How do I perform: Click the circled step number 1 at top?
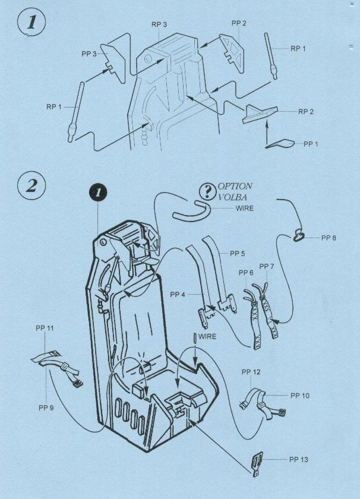(31, 23)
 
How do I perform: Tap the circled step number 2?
(31, 185)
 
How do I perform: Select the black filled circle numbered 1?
(98, 192)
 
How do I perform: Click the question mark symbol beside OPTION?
(207, 191)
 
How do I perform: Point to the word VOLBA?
(233, 197)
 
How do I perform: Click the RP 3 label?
(159, 24)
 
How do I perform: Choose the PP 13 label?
(299, 460)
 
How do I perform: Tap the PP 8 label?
(329, 238)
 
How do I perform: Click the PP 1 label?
(311, 144)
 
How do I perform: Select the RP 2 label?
(306, 112)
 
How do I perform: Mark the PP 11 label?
(45, 328)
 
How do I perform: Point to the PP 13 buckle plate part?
(257, 465)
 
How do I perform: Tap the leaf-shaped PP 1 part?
(279, 144)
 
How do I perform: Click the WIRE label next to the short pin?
(207, 336)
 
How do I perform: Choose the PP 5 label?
(238, 254)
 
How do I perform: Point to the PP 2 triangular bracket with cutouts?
(232, 52)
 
